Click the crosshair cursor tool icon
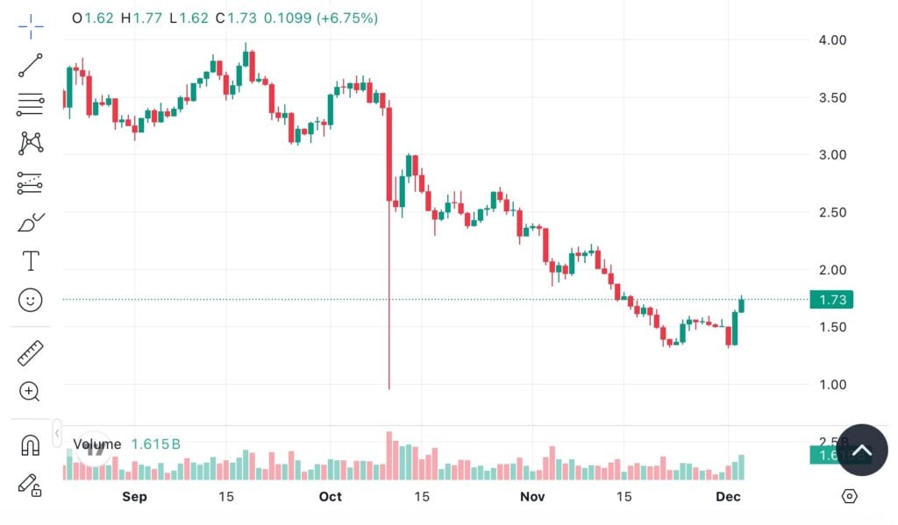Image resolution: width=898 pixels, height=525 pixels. point(31,26)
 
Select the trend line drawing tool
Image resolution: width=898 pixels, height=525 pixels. point(31,66)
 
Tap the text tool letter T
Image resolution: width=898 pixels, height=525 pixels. point(31,260)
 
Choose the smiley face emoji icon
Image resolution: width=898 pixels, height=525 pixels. point(31,301)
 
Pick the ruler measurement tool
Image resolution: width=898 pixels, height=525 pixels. point(31,352)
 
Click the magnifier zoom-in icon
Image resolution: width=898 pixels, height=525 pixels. point(31,391)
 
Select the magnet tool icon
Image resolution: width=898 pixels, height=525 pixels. point(31,445)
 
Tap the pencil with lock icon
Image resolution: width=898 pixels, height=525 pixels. point(31,485)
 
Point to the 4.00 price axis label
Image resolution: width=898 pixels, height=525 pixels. point(832,40)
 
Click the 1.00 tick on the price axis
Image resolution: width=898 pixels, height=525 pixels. point(832,385)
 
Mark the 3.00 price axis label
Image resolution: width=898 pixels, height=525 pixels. point(832,155)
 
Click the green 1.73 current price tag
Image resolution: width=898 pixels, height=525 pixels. point(831,300)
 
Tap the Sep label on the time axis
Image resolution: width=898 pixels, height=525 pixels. point(134,497)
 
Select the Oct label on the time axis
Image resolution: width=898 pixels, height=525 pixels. point(330,497)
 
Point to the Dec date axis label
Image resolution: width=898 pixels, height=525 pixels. point(728,497)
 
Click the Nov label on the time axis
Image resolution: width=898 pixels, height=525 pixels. point(532,497)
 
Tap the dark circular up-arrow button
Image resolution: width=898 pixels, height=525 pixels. point(862,450)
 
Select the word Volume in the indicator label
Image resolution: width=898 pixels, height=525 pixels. point(96,444)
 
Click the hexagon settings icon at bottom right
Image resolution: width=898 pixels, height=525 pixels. point(849,497)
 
